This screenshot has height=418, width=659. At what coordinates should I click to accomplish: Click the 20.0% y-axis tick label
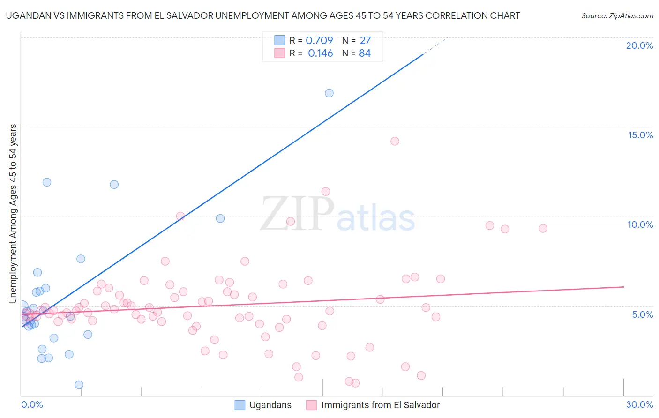click(x=639, y=45)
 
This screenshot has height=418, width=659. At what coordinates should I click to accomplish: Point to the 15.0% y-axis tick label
click(x=640, y=135)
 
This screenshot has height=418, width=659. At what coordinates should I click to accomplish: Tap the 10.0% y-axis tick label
click(x=640, y=224)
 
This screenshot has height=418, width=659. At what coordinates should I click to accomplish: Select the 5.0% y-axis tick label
click(x=642, y=314)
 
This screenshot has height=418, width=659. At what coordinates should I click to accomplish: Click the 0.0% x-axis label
click(x=32, y=404)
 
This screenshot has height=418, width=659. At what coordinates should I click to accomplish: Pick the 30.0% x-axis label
click(x=639, y=404)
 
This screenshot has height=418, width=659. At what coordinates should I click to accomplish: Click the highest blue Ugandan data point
click(x=329, y=93)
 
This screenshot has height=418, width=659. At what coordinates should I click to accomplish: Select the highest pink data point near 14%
click(x=395, y=141)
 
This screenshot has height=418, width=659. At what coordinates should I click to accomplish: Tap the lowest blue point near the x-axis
click(x=79, y=385)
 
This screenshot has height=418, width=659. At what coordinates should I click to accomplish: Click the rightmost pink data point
click(x=543, y=229)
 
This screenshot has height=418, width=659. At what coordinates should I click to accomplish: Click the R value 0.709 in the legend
click(x=319, y=41)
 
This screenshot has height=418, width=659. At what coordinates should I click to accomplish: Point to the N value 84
click(x=365, y=53)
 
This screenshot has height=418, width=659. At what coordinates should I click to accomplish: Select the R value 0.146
click(x=321, y=53)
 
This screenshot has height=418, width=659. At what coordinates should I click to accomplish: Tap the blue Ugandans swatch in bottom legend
click(x=240, y=405)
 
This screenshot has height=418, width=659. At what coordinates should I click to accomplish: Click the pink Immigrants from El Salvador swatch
click(x=312, y=405)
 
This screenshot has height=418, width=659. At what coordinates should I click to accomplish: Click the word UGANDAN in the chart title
click(x=28, y=15)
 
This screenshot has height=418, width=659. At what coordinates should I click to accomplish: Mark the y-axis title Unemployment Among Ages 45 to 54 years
click(x=13, y=214)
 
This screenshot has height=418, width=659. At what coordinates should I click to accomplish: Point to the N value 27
click(x=365, y=41)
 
